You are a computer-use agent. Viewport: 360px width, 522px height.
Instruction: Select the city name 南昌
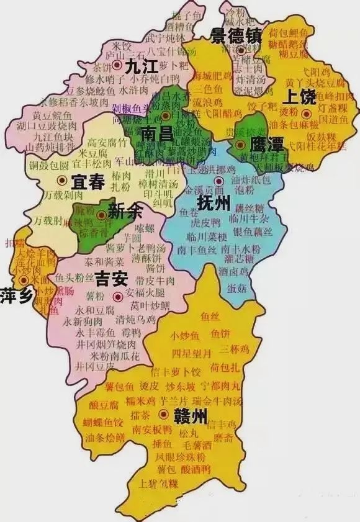point(158,134)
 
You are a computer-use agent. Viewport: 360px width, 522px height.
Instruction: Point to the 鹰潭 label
point(266,145)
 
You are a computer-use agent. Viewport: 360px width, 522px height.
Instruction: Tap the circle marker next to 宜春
point(61,181)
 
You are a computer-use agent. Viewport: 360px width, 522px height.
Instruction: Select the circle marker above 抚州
point(219,181)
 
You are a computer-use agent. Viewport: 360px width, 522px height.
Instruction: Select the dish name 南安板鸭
point(153,429)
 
